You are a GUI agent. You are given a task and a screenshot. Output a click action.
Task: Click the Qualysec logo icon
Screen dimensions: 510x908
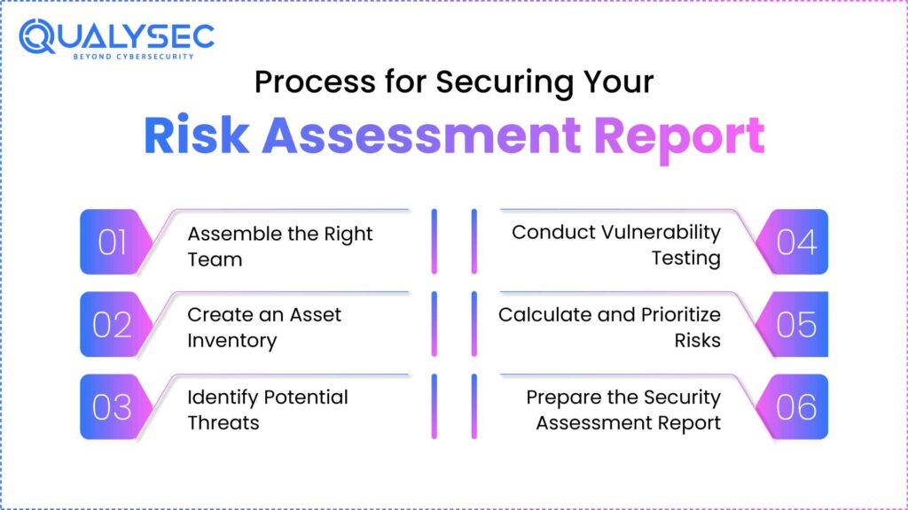(38, 37)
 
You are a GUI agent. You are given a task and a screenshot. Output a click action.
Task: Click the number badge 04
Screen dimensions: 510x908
(795, 242)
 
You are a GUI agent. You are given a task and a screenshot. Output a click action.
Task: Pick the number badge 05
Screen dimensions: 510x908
(795, 324)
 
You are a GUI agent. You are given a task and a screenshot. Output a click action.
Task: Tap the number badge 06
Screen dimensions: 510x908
(795, 406)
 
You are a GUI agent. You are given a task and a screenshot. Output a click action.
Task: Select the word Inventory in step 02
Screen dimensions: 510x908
(231, 340)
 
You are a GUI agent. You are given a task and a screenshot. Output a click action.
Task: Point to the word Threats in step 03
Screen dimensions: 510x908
(223, 422)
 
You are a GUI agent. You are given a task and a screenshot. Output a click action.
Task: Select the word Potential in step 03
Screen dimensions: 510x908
(304, 398)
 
